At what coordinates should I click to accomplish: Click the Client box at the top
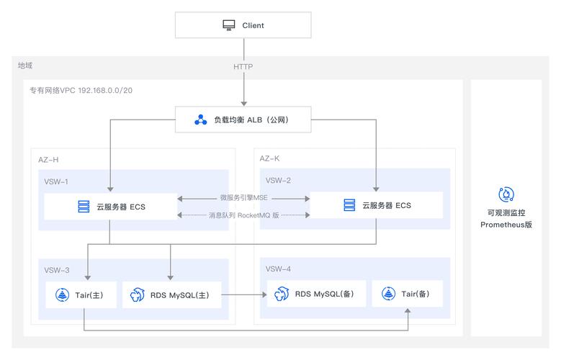pos(243,25)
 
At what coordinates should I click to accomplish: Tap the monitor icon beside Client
pos(228,25)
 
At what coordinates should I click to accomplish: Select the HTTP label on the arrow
pos(243,66)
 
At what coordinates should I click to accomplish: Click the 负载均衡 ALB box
pos(243,120)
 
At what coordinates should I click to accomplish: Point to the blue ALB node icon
pos(201,120)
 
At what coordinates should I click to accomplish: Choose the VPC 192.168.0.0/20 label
pos(81,91)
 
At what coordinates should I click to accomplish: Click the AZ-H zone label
pos(48,158)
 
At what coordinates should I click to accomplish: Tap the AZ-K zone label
pos(270,158)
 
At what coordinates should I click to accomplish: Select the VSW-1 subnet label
pos(56,181)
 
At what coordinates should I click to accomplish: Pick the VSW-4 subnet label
pos(278,269)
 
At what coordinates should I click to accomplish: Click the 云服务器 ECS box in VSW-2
pos(376,205)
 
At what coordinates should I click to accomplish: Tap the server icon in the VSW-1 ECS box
pos(84,207)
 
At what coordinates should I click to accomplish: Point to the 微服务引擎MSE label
pos(243,197)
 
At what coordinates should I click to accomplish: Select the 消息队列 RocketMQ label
pos(243,215)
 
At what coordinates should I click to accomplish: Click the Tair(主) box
pos(81,294)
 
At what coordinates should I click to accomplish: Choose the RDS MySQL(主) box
pos(171,294)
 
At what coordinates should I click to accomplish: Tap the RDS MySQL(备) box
pos(315,294)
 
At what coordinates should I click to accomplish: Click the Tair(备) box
pos(407,294)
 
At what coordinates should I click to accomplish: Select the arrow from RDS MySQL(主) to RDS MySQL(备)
pos(243,294)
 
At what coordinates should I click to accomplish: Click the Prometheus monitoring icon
pos(506,194)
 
